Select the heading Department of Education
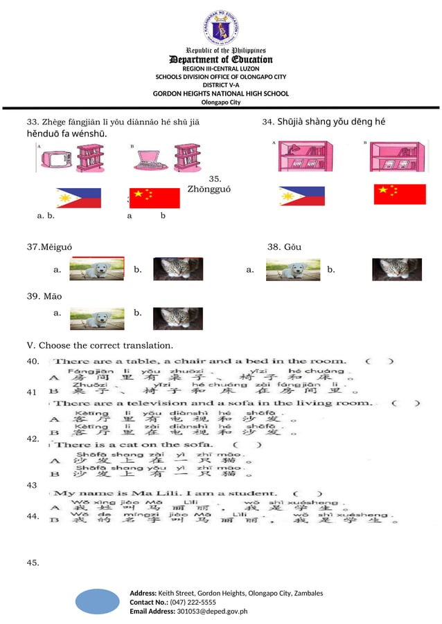pyautogui.click(x=221, y=59)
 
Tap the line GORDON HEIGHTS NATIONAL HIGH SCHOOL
pyautogui.click(x=220, y=93)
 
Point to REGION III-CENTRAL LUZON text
pyautogui.click(x=220, y=68)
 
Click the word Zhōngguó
pyautogui.click(x=209, y=189)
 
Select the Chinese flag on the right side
pyautogui.click(x=400, y=194)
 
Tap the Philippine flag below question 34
pyautogui.click(x=301, y=196)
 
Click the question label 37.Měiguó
pyautogui.click(x=48, y=247)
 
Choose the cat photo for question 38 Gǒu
pyautogui.click(x=396, y=269)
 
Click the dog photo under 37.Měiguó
pyautogui.click(x=97, y=269)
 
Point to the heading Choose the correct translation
pyautogui.click(x=105, y=345)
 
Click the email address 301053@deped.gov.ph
pyautogui.click(x=212, y=612)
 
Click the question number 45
pyautogui.click(x=33, y=563)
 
